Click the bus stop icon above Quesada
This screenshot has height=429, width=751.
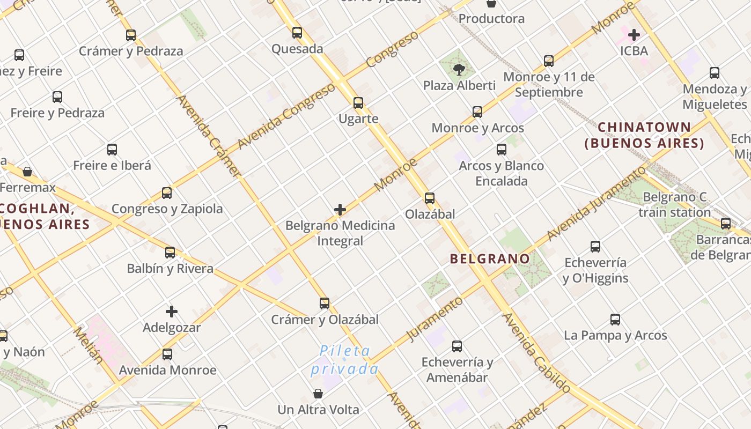pos(297,33)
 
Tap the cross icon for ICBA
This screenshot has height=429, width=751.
pos(634,35)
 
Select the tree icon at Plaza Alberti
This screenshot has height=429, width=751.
pos(459,69)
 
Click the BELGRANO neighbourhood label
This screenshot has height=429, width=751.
pos(490,259)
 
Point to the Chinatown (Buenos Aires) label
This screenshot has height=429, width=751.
pos(644,135)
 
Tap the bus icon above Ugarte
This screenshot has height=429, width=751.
pos(358,103)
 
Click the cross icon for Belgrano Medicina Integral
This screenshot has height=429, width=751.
pos(340,210)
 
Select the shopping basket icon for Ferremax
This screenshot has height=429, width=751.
pos(27,172)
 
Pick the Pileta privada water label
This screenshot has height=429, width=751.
pos(345,360)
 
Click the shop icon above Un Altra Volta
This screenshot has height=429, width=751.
pos(318,394)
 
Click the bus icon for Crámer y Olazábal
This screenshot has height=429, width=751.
pos(325,304)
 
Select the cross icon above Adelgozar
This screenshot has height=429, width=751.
pos(172,312)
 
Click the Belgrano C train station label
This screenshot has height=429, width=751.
pos(674,205)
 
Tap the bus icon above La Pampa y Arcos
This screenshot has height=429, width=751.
pos(615,320)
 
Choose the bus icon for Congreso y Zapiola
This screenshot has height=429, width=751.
pos(167,193)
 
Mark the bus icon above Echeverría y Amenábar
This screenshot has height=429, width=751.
pos(457,346)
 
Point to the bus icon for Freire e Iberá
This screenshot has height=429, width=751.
pos(112,150)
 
